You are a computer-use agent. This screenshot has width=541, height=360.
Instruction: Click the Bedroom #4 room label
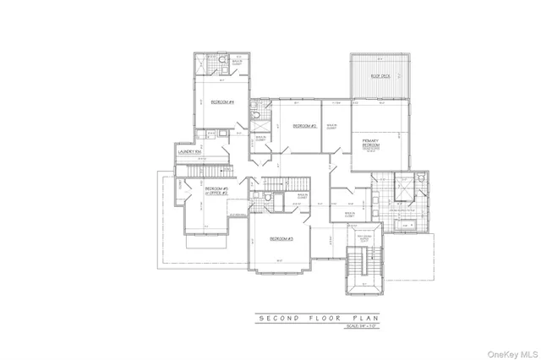click(222, 101)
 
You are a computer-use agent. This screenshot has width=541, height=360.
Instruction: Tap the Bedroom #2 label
click(304, 126)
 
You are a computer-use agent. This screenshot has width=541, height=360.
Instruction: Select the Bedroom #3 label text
click(281, 239)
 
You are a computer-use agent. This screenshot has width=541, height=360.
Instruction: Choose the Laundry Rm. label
click(189, 151)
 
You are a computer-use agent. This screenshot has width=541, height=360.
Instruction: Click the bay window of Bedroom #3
click(281, 273)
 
